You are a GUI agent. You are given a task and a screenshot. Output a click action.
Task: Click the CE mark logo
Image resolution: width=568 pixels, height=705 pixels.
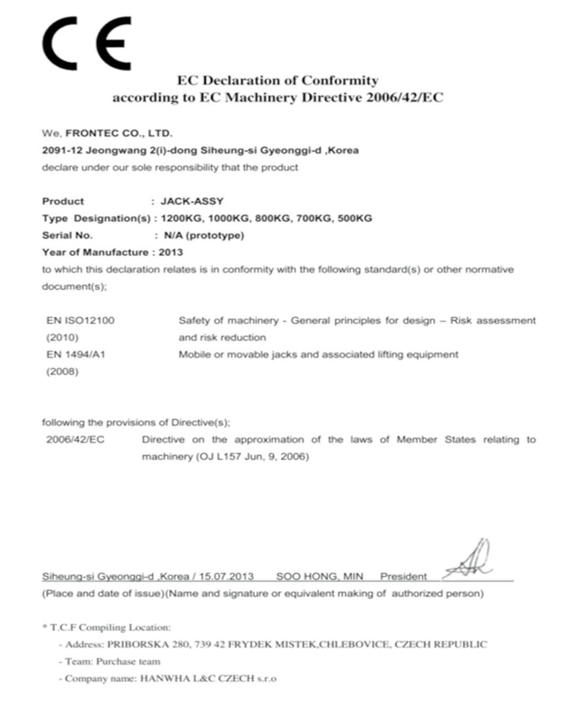[x=87, y=43]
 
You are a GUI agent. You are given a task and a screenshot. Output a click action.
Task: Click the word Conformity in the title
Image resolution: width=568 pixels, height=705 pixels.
[x=340, y=81]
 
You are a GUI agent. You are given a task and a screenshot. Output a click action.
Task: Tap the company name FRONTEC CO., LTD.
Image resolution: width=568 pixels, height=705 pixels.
[x=119, y=133]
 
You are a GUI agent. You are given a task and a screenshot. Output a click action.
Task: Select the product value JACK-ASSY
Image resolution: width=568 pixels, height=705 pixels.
[x=192, y=201]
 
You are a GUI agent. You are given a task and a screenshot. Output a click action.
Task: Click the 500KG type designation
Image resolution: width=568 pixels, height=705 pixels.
[x=355, y=218]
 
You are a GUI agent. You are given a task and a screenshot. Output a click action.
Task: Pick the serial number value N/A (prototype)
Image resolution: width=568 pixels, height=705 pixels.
[x=204, y=235]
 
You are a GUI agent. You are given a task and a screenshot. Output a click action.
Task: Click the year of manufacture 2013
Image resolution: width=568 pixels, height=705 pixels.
[x=171, y=252]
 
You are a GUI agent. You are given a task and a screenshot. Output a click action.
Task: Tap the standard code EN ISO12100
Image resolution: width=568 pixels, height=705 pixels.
[x=80, y=320]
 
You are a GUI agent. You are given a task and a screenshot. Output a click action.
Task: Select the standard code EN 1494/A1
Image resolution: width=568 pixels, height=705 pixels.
[x=76, y=354]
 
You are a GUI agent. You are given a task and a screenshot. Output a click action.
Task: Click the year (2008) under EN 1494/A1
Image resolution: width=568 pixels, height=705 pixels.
[x=62, y=371]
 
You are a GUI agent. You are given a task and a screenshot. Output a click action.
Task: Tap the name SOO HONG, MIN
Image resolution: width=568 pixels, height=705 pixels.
[x=319, y=577]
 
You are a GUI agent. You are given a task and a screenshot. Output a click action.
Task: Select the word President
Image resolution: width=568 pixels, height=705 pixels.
[x=403, y=577]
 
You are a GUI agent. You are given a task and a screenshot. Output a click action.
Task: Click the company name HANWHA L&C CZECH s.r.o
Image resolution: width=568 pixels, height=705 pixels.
[x=208, y=678]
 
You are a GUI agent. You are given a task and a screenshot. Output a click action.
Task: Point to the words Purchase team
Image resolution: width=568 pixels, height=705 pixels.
[x=128, y=661]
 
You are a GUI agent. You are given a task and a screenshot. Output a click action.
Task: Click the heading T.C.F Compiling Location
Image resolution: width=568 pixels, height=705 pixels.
[x=110, y=627]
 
